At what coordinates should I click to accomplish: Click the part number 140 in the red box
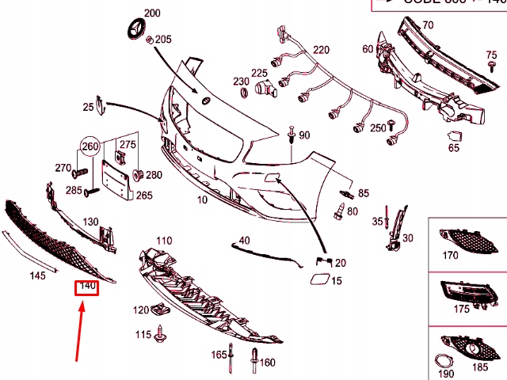point(86,287)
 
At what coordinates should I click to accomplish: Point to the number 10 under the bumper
point(202,201)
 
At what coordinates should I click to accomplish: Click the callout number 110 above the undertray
point(163,240)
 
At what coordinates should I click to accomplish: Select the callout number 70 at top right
point(427,25)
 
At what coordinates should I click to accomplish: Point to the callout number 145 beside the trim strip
point(37,275)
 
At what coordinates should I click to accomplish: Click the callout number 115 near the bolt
point(143,336)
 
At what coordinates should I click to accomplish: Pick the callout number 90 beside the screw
point(304,135)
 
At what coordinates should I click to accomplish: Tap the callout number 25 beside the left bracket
point(87,106)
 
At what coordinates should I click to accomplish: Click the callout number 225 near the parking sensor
point(259,74)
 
